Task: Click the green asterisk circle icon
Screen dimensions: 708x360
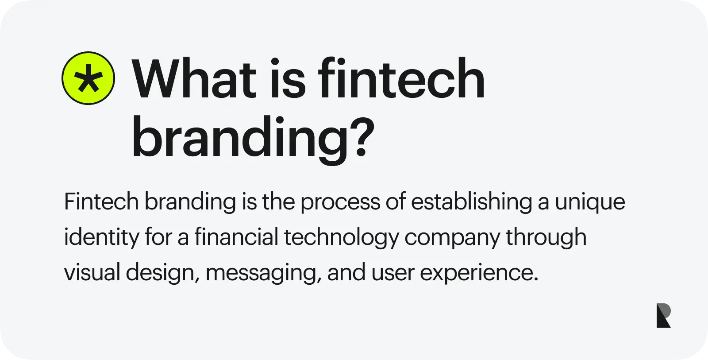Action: [x=88, y=78]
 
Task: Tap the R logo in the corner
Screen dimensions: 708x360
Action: [x=663, y=315]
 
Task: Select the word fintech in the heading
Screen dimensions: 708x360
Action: [x=401, y=77]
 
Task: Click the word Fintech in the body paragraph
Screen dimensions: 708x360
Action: [x=101, y=201]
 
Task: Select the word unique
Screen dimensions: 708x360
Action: [x=590, y=203]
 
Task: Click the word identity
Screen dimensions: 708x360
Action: [x=101, y=238]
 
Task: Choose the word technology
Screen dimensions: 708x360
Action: [x=341, y=238]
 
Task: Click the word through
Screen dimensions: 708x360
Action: [x=546, y=238]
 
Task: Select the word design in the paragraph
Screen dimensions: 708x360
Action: [x=163, y=273]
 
